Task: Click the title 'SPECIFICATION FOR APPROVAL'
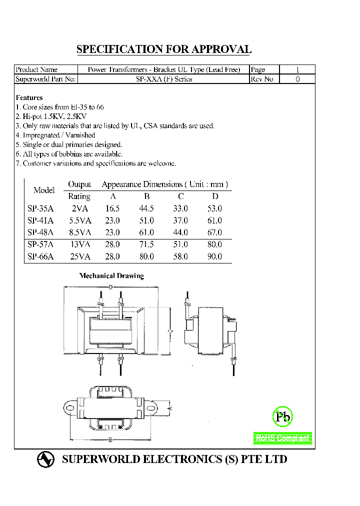[x=163, y=49]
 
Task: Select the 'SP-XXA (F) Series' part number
[x=164, y=79]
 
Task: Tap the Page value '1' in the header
[x=298, y=70]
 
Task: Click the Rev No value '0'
[x=298, y=79]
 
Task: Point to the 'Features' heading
[x=29, y=97]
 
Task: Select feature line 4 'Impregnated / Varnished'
[x=55, y=135]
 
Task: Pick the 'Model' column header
[x=44, y=190]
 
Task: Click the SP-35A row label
[x=40, y=208]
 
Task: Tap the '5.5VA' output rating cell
[x=79, y=220]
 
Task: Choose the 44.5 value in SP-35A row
[x=147, y=208]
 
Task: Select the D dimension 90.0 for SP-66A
[x=214, y=256]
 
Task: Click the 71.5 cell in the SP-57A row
[x=147, y=244]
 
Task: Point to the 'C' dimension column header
[x=180, y=196]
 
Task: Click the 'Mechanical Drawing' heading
[x=111, y=276]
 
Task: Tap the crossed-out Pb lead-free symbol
[x=282, y=416]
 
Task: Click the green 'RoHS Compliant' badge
[x=283, y=438]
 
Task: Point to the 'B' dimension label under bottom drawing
[x=109, y=440]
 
